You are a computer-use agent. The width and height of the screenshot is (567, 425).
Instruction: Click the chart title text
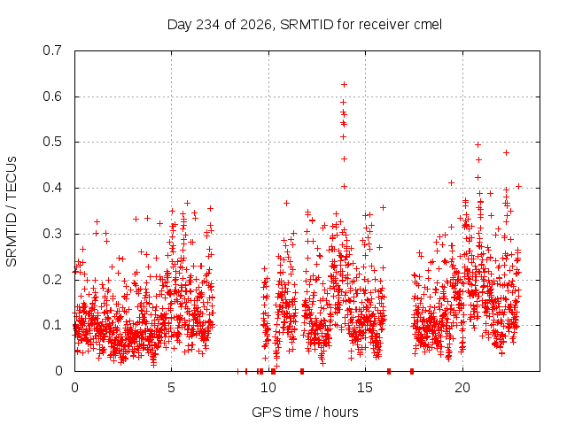pos(305,25)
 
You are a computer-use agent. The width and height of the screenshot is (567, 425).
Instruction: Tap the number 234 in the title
pos(207,25)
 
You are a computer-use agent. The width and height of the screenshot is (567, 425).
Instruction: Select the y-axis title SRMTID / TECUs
pos(12,212)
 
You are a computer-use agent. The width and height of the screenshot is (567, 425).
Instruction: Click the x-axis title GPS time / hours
pos(305,412)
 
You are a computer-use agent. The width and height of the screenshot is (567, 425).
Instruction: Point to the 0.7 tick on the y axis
pos(52,50)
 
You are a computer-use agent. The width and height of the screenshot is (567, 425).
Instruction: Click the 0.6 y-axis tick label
pos(52,97)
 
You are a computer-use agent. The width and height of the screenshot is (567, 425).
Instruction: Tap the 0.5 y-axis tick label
pos(52,142)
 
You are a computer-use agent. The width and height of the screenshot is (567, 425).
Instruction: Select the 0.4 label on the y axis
pos(52,188)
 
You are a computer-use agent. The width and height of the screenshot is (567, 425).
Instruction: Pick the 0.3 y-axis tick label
pos(52,234)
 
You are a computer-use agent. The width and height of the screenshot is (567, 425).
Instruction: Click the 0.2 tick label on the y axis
pos(52,280)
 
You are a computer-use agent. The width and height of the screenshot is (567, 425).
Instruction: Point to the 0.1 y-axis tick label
pos(52,325)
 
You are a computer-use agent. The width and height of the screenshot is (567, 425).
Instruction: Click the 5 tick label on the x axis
pos(171,388)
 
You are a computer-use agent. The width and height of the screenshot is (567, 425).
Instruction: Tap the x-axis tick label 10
pos(268,388)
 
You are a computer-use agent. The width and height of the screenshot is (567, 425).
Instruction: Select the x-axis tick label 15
pos(365,388)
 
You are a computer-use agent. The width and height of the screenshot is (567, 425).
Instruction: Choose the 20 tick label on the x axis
pos(462,388)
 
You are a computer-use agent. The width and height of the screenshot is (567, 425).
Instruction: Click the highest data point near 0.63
pos(345,85)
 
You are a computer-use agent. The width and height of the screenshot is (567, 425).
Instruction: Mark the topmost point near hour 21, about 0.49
pos(478,145)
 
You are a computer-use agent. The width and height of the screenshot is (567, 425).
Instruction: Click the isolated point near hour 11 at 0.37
pos(286,204)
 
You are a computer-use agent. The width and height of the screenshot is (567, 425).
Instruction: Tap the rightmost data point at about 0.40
pos(519,187)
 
